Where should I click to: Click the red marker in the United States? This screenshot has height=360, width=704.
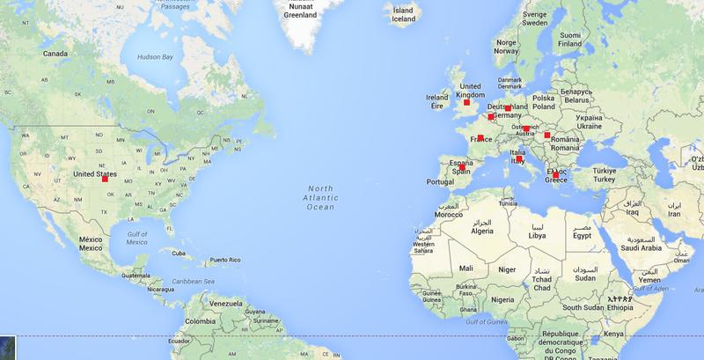tap(106, 179)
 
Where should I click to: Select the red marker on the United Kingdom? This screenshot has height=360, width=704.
tap(467, 103)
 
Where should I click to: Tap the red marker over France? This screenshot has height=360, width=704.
tap(480, 137)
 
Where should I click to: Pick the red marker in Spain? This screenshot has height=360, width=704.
tap(464, 169)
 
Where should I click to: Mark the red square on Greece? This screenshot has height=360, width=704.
tap(555, 175)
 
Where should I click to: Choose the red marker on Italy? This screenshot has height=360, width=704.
tap(521, 159)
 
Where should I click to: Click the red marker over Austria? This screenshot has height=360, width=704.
tap(526, 129)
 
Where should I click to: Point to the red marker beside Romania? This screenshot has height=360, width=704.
tap(547, 136)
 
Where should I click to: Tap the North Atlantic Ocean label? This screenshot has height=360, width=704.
tap(320, 198)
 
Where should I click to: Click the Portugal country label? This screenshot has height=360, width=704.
tap(438, 181)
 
